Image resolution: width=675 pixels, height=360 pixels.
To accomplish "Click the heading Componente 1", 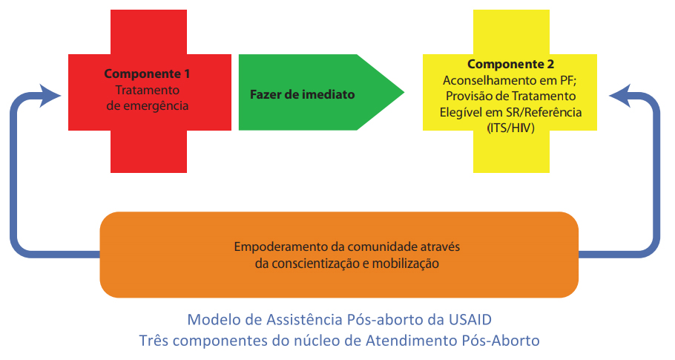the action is pyautogui.click(x=147, y=74).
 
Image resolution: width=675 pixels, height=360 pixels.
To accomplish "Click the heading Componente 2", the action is pyautogui.click(x=510, y=64).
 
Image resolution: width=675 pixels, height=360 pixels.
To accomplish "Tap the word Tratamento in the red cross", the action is pyautogui.click(x=147, y=90).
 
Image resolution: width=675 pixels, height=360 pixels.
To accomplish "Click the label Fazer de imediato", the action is pyautogui.click(x=302, y=94).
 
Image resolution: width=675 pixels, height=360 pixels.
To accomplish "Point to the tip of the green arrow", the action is pyautogui.click(x=404, y=92).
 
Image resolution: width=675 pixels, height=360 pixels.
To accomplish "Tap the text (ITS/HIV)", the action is pyautogui.click(x=510, y=128).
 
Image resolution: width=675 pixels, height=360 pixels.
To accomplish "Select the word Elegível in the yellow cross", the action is pyautogui.click(x=461, y=112).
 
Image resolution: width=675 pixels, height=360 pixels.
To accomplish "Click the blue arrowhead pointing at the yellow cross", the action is pyautogui.click(x=620, y=96).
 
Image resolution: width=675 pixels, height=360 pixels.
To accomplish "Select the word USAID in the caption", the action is pyautogui.click(x=470, y=320).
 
